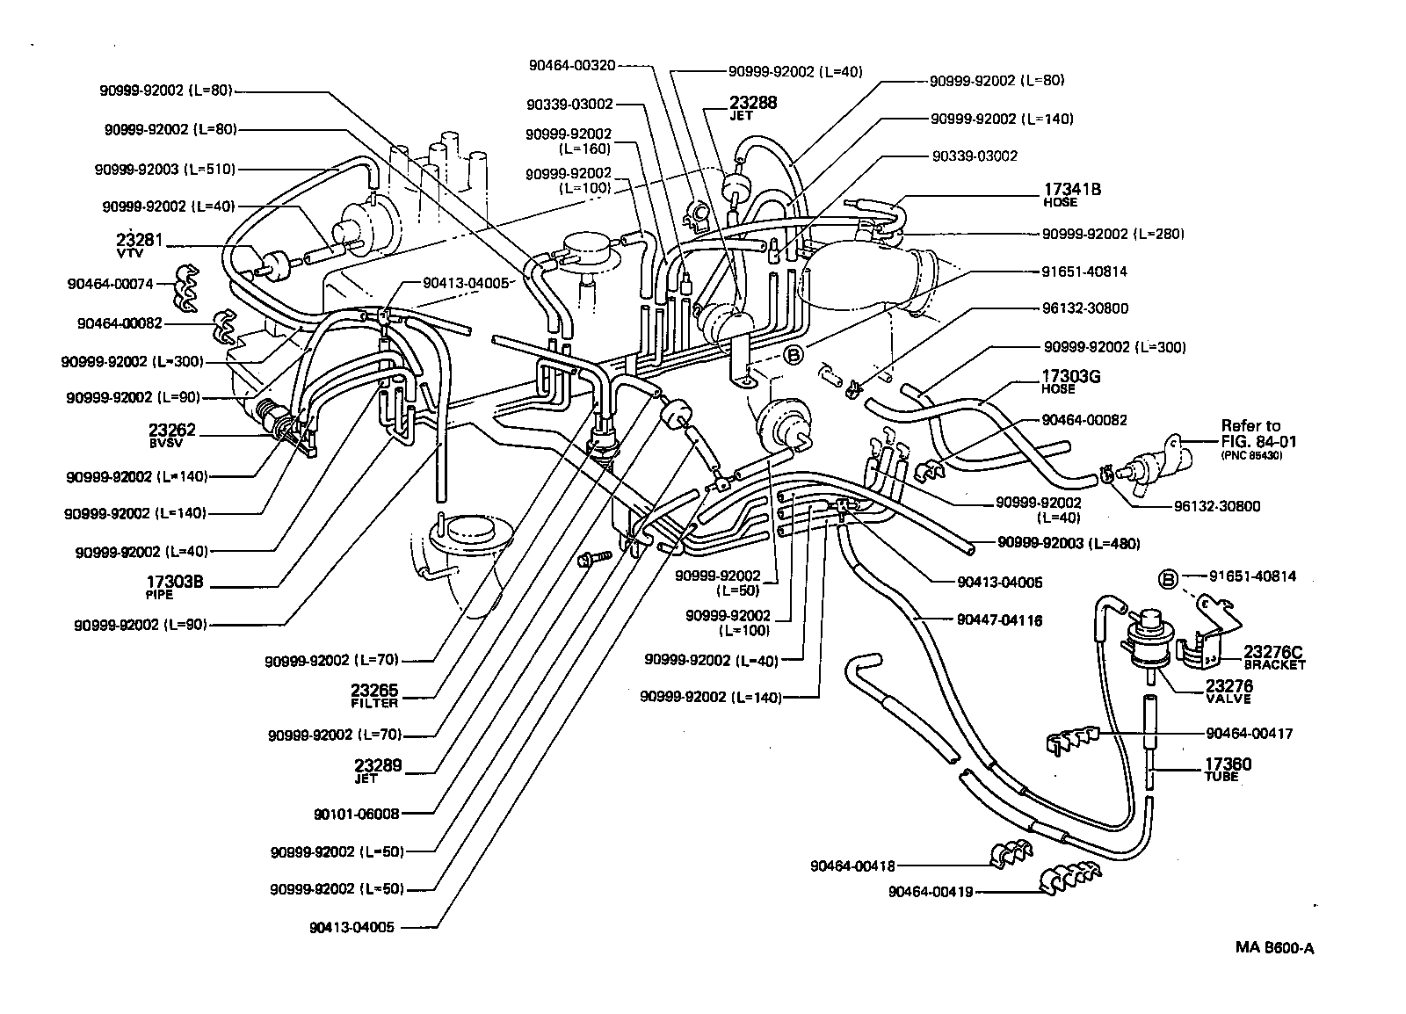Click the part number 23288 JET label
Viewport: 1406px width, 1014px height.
click(753, 106)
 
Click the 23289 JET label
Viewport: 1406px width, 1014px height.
click(377, 770)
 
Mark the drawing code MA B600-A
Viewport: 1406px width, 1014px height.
click(1273, 947)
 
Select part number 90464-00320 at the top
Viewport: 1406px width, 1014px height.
click(572, 65)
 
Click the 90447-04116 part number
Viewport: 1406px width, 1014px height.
click(999, 620)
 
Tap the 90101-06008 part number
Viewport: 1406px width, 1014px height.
click(356, 814)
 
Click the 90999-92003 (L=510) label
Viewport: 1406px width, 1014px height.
click(165, 169)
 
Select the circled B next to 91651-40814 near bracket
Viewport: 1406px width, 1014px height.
click(1168, 579)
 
